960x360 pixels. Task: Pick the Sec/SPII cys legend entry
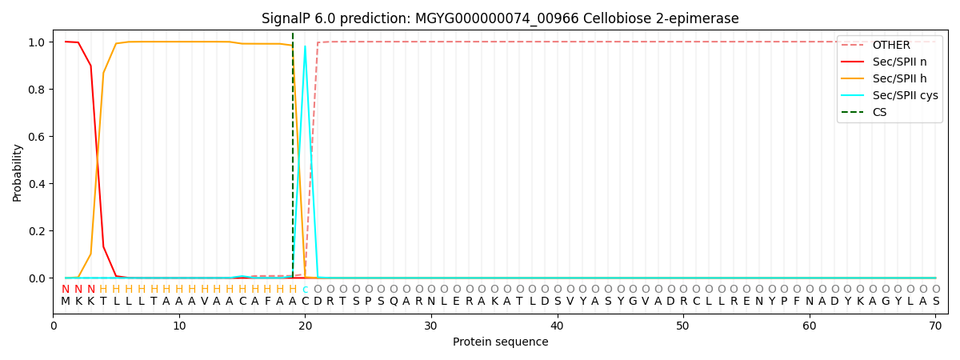[890, 95]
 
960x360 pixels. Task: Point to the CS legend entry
[864, 112]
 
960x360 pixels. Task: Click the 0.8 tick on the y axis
[37, 90]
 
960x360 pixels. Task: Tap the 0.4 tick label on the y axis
[37, 184]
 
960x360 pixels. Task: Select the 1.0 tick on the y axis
[37, 42]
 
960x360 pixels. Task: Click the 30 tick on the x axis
[431, 326]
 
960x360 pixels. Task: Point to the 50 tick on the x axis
[683, 326]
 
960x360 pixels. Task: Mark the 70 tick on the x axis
[935, 326]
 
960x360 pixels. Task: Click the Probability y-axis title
[17, 173]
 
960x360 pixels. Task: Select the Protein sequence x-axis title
[501, 342]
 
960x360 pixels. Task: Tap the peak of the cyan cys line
[305, 46]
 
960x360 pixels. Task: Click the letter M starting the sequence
[66, 302]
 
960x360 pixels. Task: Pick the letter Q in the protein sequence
[394, 302]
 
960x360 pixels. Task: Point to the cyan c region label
[305, 290]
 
